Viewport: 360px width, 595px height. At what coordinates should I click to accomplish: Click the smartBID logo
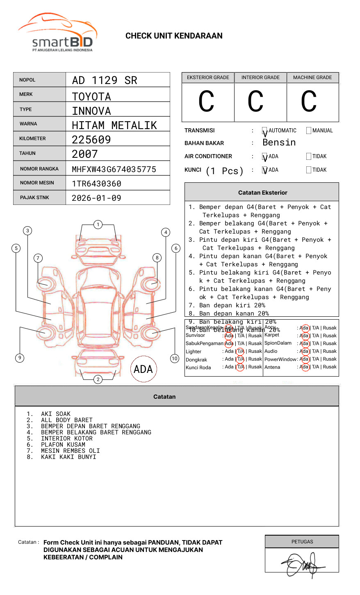pyautogui.click(x=57, y=33)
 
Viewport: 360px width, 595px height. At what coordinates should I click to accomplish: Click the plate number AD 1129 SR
pyautogui.click(x=105, y=80)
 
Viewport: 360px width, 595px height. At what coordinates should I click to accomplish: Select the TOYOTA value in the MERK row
pyautogui.click(x=91, y=97)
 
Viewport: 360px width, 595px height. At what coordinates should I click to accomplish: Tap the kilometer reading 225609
pyautogui.click(x=91, y=140)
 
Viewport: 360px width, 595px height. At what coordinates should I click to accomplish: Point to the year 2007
pyautogui.click(x=85, y=154)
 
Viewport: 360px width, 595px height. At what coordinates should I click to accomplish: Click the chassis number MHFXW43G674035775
pyautogui.click(x=114, y=169)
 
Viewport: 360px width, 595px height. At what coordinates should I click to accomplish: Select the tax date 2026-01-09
pyautogui.click(x=96, y=198)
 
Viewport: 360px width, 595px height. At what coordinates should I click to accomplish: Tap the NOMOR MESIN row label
pyautogui.click(x=37, y=183)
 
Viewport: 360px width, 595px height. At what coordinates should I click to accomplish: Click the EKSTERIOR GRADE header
pyautogui.click(x=208, y=77)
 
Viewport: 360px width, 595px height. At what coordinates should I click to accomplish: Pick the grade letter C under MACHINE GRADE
pyautogui.click(x=309, y=102)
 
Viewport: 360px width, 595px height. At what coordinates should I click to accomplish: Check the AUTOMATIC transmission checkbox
pyautogui.click(x=265, y=131)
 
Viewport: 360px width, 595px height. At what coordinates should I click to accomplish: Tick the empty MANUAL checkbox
pyautogui.click(x=309, y=131)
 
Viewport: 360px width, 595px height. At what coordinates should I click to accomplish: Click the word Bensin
pyautogui.click(x=279, y=143)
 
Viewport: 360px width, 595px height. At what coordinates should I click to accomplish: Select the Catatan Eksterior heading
pyautogui.click(x=262, y=193)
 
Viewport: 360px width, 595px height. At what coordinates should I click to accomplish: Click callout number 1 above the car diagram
pyautogui.click(x=98, y=225)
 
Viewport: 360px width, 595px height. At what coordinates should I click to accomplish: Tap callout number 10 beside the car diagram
pyautogui.click(x=175, y=359)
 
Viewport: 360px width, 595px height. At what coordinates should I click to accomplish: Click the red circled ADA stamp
pyautogui.click(x=144, y=369)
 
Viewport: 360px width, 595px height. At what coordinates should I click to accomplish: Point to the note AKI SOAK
pyautogui.click(x=56, y=414)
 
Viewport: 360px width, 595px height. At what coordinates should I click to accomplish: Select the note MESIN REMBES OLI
pyautogui.click(x=70, y=451)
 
